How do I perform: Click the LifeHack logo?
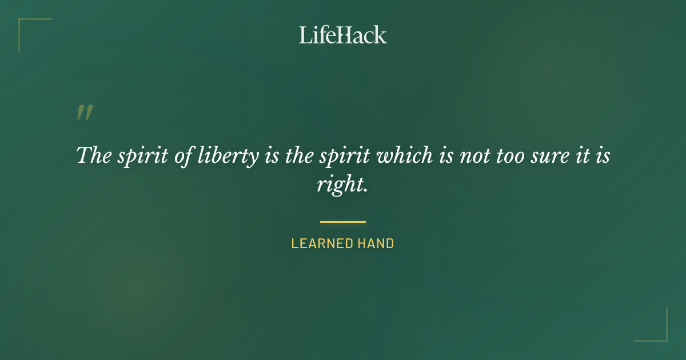point(343,35)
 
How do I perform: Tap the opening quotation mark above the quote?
point(85,113)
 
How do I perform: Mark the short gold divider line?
point(343,222)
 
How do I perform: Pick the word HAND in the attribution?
point(376,243)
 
